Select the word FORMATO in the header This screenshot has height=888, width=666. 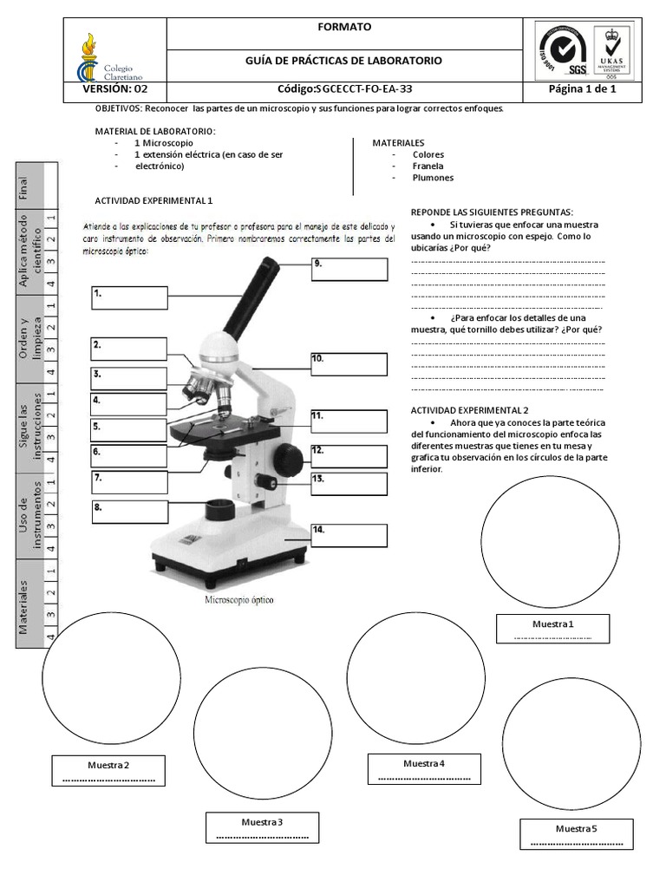point(344,28)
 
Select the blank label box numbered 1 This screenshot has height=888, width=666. point(129,297)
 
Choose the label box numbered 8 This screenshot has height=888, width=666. point(129,511)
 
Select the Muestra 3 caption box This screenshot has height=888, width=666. point(262,827)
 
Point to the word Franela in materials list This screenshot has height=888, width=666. point(428,166)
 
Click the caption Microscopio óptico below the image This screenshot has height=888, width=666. point(238,599)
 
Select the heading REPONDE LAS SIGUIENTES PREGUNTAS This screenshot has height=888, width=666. point(492,212)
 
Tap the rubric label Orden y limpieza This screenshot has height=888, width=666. point(30,338)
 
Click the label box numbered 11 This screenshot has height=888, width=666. point(349,421)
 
